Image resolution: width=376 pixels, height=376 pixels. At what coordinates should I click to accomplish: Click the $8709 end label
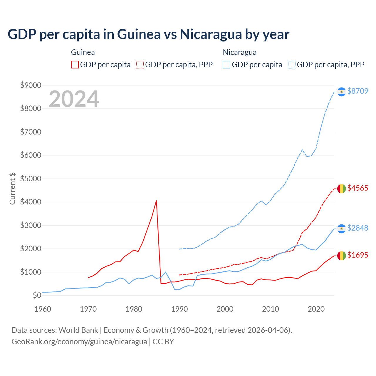pyautogui.click(x=357, y=91)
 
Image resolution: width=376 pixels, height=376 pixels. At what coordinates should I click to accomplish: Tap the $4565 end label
pyautogui.click(x=357, y=188)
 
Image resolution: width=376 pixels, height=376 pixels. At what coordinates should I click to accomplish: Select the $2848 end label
pyautogui.click(x=357, y=228)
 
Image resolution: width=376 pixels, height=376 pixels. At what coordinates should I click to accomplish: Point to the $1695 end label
pyautogui.click(x=357, y=255)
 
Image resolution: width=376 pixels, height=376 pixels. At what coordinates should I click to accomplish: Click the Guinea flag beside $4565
pyautogui.click(x=341, y=189)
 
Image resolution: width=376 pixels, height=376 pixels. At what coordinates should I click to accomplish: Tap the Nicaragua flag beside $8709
pyautogui.click(x=341, y=92)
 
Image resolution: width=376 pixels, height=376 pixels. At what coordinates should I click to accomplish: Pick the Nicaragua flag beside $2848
pyautogui.click(x=341, y=229)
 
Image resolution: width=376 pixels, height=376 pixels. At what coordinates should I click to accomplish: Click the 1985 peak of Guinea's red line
pyautogui.click(x=156, y=201)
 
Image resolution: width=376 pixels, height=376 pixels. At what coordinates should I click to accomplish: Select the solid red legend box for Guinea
pyautogui.click(x=75, y=65)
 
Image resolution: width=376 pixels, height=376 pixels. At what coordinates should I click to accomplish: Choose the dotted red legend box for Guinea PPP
pyautogui.click(x=140, y=65)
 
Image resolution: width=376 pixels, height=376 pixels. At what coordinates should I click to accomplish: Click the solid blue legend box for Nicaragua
pyautogui.click(x=226, y=65)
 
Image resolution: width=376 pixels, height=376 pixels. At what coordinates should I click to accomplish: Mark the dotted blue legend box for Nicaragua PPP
pyautogui.click(x=292, y=65)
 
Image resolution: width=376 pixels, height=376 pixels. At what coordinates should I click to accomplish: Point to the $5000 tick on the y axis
pyautogui.click(x=31, y=179)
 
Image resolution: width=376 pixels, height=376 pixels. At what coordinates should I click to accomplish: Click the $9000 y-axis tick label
pyautogui.click(x=31, y=85)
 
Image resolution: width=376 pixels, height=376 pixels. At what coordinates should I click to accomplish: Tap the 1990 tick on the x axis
pyautogui.click(x=179, y=309)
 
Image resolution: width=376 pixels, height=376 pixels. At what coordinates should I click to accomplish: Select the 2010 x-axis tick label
pyautogui.click(x=271, y=309)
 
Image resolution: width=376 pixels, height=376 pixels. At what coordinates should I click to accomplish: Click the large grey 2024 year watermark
pyautogui.click(x=74, y=99)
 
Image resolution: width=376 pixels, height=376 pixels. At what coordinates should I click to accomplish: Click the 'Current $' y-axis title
pyautogui.click(x=12, y=189)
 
